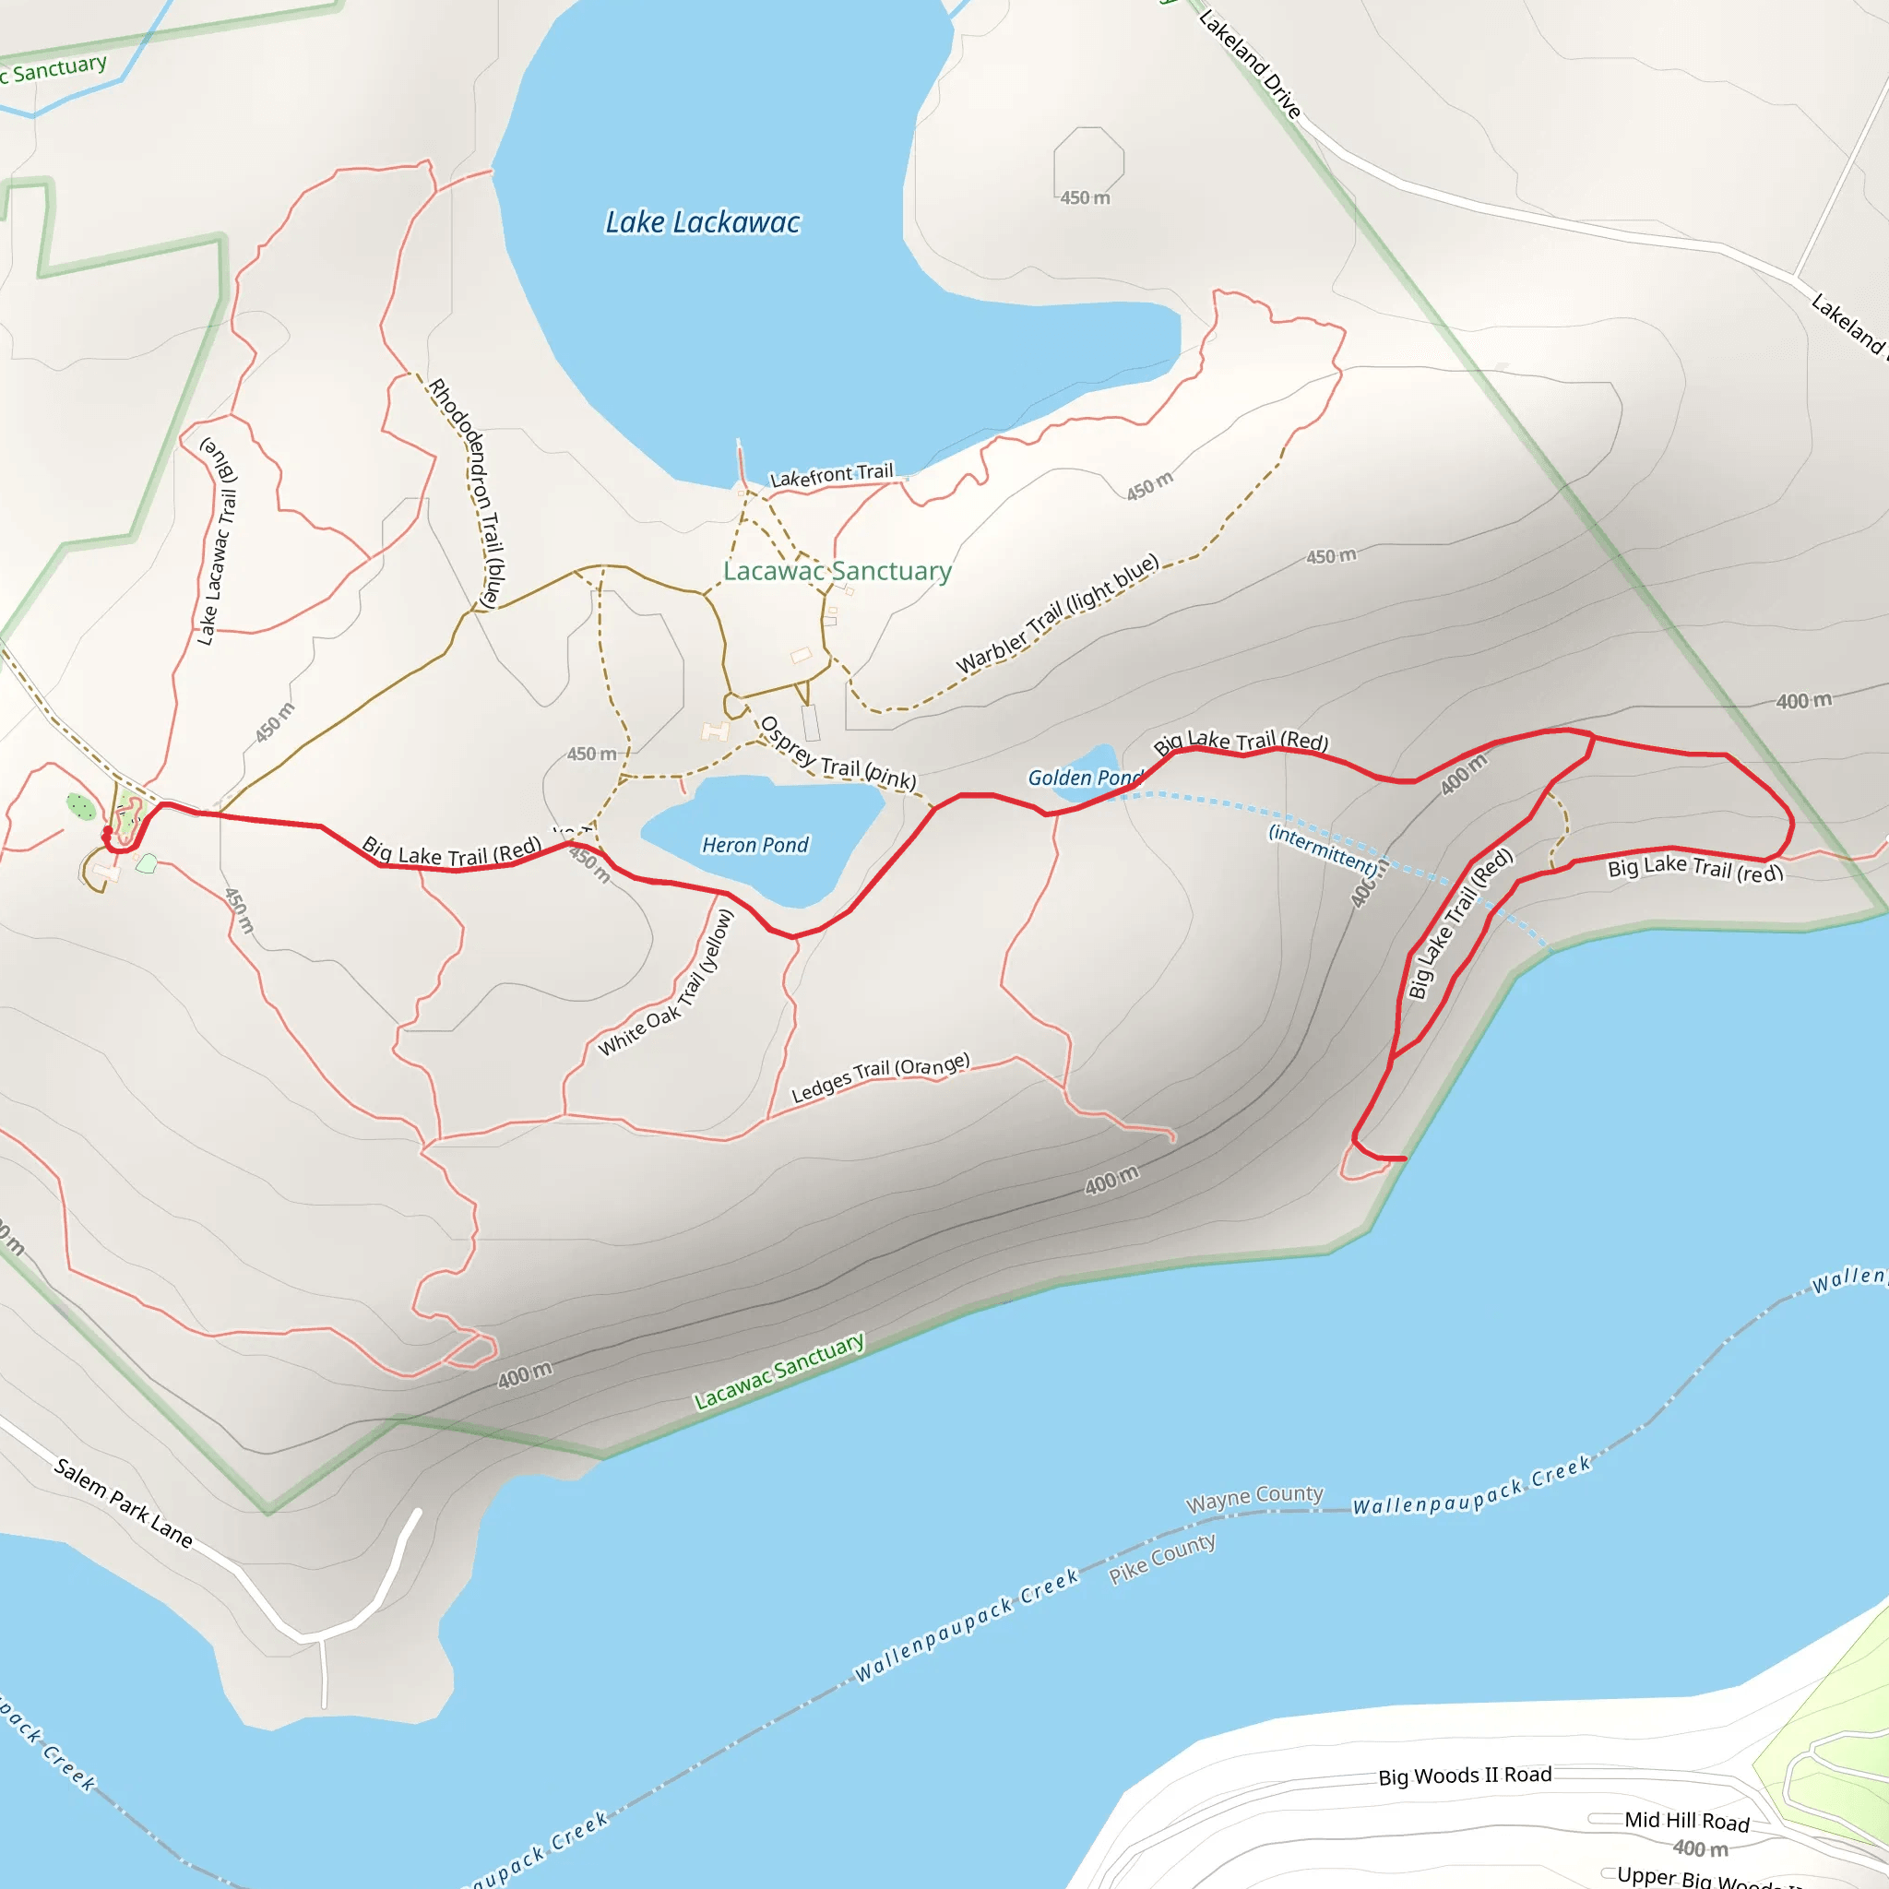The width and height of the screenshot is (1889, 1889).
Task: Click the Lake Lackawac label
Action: tap(702, 223)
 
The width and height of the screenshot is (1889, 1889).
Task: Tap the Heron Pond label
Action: tap(754, 845)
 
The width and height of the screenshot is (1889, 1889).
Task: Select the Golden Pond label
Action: tap(1084, 778)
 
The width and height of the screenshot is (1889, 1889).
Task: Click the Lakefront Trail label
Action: tap(831, 475)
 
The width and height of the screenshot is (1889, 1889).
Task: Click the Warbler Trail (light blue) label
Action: tap(1057, 613)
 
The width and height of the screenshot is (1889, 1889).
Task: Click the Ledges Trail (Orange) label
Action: tap(880, 1077)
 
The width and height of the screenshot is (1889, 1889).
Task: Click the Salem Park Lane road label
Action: tap(124, 1503)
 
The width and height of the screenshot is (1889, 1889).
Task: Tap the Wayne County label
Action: tap(1254, 1497)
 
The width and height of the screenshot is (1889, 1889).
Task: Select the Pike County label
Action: tap(1161, 1559)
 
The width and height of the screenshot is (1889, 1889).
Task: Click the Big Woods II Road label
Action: tap(1465, 1775)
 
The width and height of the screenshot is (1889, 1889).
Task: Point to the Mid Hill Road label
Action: tap(1687, 1821)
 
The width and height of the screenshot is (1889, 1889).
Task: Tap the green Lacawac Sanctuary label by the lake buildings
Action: tap(837, 571)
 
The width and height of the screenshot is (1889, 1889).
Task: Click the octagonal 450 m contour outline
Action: tap(1088, 161)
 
